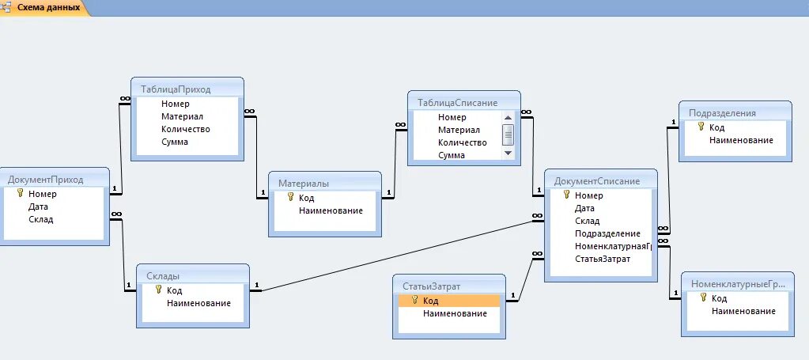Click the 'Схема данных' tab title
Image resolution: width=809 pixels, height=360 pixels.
coord(48,7)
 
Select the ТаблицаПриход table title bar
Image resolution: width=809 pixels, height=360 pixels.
coord(175,89)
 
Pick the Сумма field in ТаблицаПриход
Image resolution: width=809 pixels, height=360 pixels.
coord(174,142)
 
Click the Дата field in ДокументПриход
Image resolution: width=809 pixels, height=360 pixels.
coord(38,207)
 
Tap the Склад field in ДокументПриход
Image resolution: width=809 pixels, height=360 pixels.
coord(40,219)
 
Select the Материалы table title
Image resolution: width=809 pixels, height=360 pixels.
coord(304,183)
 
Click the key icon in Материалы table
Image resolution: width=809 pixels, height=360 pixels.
coord(290,197)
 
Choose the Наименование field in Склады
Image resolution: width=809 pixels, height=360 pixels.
coord(198,303)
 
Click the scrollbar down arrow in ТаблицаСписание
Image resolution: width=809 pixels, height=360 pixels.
coord(508,153)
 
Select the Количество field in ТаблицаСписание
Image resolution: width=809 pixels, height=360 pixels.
coord(463,142)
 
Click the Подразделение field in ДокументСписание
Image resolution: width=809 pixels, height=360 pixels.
coord(607,233)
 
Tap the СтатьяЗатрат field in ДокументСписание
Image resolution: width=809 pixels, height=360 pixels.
coord(603,259)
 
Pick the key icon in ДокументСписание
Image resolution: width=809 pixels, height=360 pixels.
coord(566,195)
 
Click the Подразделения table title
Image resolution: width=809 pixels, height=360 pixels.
coord(722,112)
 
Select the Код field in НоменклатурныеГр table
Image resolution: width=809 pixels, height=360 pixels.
coord(719,298)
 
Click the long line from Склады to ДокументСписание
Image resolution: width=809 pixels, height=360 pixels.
coord(395,255)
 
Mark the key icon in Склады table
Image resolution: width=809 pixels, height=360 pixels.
coord(158,290)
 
